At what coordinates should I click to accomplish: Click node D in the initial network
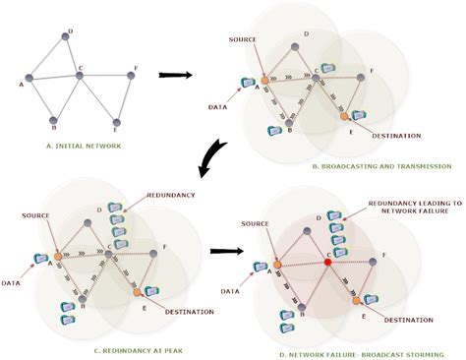click(66, 36)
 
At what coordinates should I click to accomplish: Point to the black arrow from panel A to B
click(175, 74)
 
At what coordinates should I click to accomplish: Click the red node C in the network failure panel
click(328, 264)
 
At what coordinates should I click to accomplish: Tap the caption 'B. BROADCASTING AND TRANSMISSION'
click(339, 167)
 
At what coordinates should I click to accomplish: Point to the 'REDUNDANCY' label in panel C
click(169, 196)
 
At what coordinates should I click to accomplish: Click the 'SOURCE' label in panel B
click(241, 41)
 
